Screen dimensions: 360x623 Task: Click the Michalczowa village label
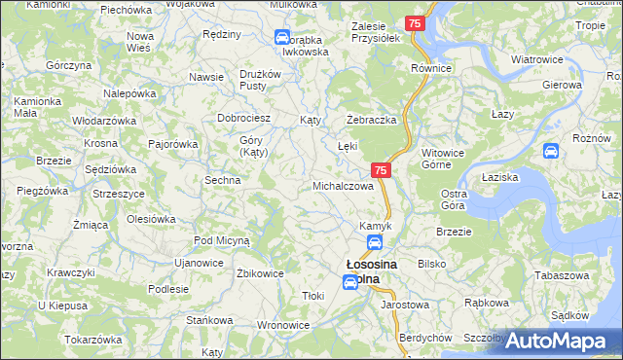coord(343,185)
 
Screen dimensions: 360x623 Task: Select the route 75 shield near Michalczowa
coord(381,170)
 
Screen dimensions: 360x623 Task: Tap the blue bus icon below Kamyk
coord(375,243)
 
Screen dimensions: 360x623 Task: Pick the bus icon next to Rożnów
coord(550,151)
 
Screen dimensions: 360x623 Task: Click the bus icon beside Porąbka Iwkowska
coord(282,38)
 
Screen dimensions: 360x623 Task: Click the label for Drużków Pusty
coord(260,80)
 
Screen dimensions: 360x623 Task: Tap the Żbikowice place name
coord(260,273)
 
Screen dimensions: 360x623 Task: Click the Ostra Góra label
coord(455,199)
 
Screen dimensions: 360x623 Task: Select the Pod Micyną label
coord(222,239)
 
